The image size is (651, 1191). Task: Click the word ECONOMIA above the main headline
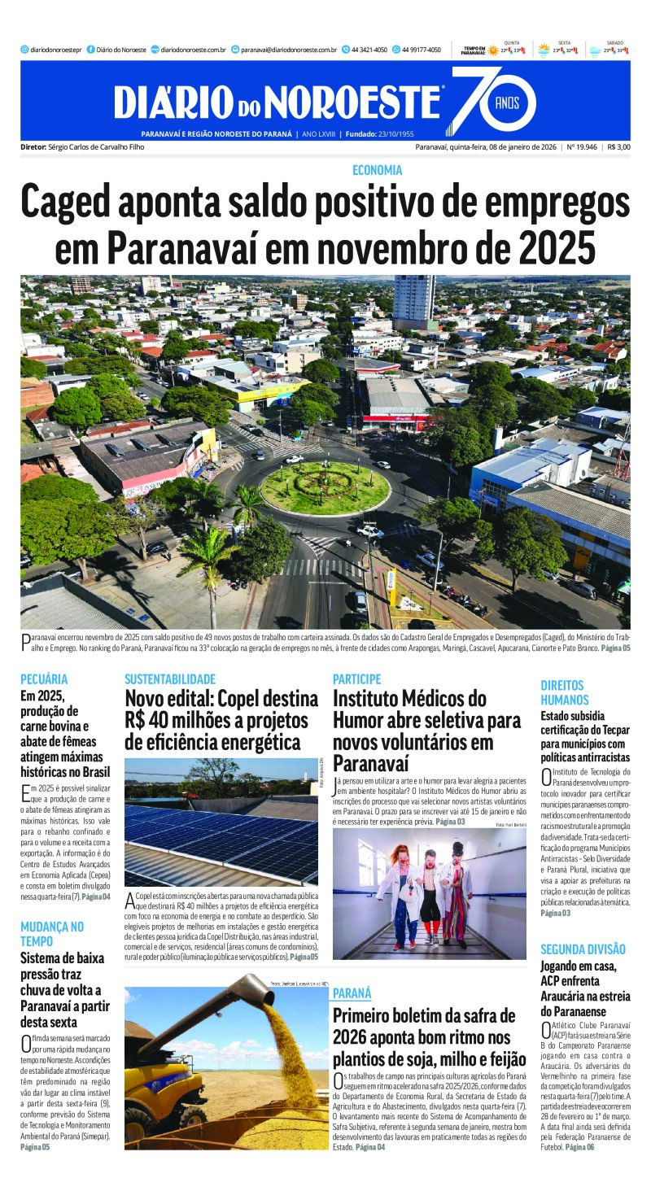(378, 170)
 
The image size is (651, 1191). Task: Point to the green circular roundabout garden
(325, 487)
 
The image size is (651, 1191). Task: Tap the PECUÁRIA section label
(44, 678)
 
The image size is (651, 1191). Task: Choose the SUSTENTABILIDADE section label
(170, 678)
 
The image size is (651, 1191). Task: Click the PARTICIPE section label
(356, 678)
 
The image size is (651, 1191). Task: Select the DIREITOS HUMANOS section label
(566, 692)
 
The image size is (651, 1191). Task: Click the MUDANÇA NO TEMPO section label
(52, 934)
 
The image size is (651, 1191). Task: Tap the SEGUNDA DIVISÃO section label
(583, 949)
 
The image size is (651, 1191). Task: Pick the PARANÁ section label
(352, 993)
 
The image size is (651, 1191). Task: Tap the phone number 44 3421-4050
(369, 50)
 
